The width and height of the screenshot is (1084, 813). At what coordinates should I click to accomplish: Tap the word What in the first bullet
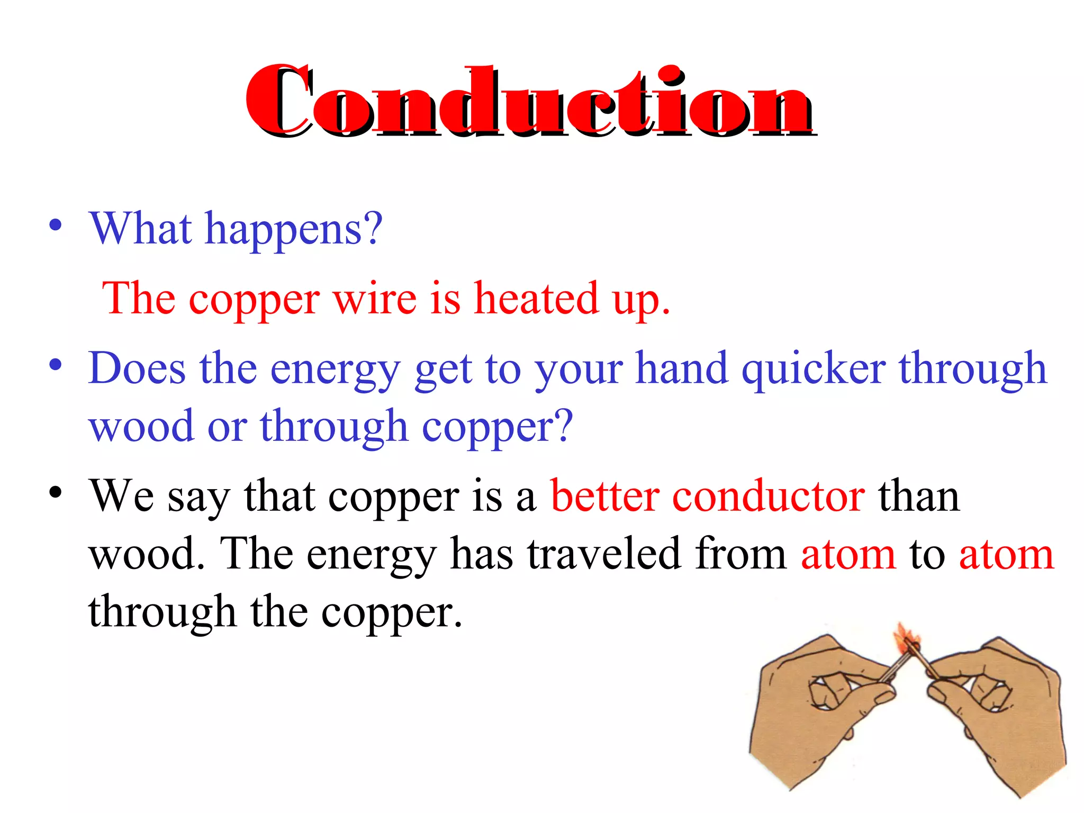tap(140, 229)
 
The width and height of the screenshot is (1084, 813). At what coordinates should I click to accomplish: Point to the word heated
tap(536, 299)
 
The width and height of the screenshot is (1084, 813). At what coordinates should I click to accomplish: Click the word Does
tap(137, 368)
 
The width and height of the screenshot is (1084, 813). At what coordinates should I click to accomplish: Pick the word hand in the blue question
tap(682, 368)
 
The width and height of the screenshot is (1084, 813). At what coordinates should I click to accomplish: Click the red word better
tap(604, 496)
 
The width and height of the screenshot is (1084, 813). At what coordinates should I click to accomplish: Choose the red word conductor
tap(769, 496)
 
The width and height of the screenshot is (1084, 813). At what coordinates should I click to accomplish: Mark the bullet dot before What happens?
tap(55, 226)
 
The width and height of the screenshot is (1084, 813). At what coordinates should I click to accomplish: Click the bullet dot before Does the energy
tap(55, 365)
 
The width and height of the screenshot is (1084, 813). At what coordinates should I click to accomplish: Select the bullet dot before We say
tap(55, 493)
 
